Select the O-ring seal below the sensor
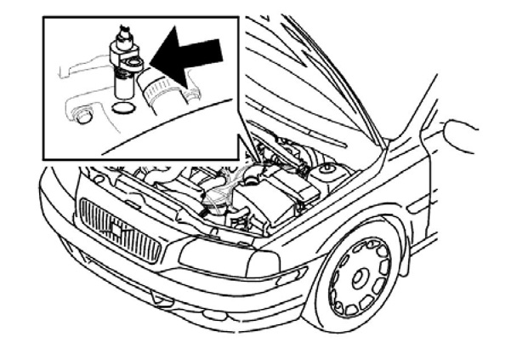click(x=122, y=107)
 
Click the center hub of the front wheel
click(x=358, y=276)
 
